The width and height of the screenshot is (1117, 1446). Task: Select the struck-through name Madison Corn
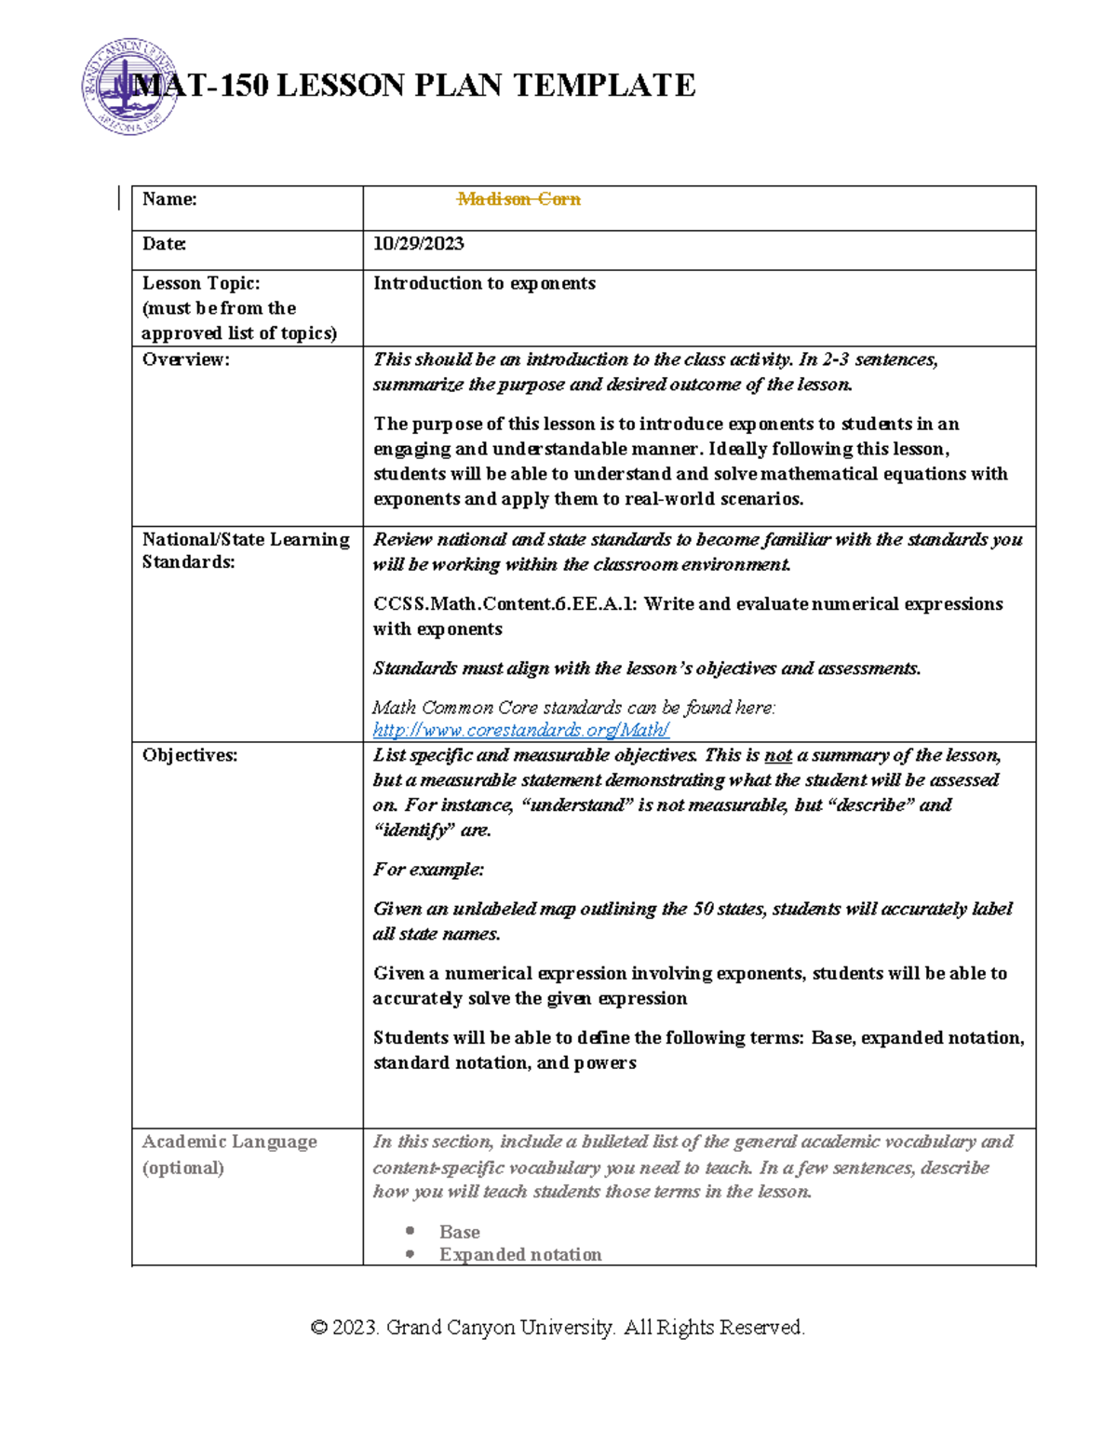(x=518, y=199)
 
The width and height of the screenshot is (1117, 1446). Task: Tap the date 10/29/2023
(x=418, y=244)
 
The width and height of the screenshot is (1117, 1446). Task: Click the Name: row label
(x=169, y=199)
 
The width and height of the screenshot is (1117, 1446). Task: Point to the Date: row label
(x=164, y=244)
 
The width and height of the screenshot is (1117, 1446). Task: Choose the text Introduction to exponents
(x=484, y=283)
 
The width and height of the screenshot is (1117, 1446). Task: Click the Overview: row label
(x=185, y=359)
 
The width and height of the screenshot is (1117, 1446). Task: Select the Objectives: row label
(x=190, y=755)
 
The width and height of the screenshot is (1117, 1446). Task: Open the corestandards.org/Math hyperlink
(x=520, y=730)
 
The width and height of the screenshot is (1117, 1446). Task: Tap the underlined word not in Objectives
(x=777, y=756)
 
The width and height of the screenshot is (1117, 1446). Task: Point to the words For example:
(x=428, y=870)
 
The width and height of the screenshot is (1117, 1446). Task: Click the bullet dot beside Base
(x=410, y=1231)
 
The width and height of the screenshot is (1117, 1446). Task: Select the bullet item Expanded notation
(x=520, y=1254)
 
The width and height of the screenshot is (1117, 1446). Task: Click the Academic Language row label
(x=229, y=1142)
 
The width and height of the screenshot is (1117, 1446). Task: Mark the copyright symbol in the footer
(x=318, y=1328)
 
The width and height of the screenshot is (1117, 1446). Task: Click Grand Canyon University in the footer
(x=500, y=1328)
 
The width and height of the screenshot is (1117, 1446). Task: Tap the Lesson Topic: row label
(x=201, y=283)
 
